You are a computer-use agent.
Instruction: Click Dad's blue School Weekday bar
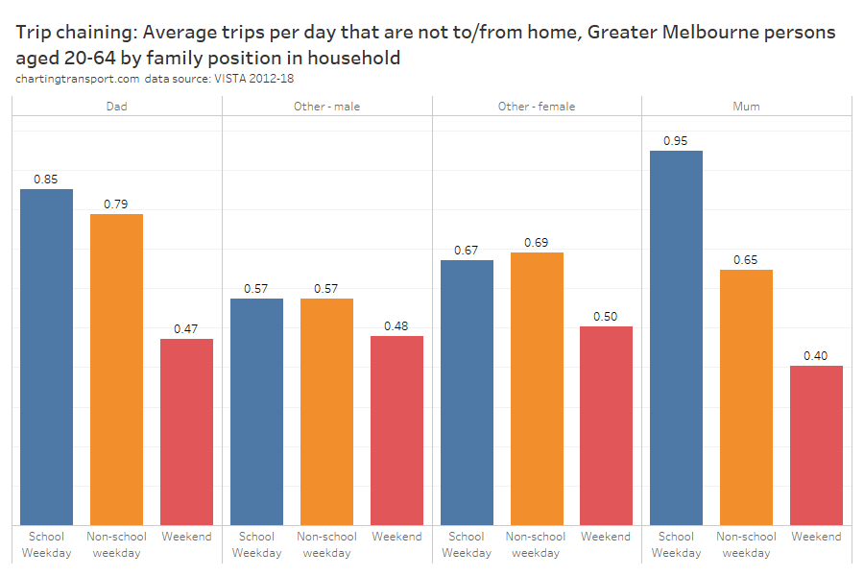click(x=46, y=356)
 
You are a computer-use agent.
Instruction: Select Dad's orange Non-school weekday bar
click(x=116, y=369)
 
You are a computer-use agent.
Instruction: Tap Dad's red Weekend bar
click(x=186, y=431)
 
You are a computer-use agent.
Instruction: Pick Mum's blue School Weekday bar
click(x=676, y=337)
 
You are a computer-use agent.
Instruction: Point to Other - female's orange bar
click(x=536, y=388)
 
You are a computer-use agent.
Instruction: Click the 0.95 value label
click(x=676, y=141)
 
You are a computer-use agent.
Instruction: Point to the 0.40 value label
click(x=816, y=356)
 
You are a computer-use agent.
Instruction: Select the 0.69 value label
click(x=536, y=243)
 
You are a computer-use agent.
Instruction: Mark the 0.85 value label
click(x=46, y=180)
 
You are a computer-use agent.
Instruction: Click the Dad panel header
click(x=116, y=107)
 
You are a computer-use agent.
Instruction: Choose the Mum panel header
click(x=746, y=107)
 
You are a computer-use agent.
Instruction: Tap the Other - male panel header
click(x=326, y=107)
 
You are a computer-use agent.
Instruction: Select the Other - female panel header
click(x=537, y=107)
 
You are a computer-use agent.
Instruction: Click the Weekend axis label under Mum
click(x=816, y=537)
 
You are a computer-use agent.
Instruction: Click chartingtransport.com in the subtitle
click(x=78, y=79)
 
